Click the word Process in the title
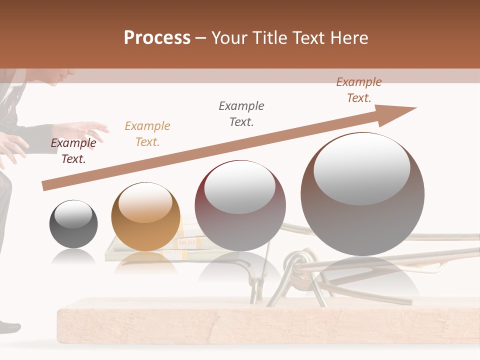[x=157, y=38]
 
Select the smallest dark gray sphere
[x=73, y=224]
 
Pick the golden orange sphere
[x=145, y=216]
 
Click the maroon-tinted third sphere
[x=240, y=205]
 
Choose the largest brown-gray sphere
[x=362, y=194]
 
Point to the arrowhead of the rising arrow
[x=400, y=113]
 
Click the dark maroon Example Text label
[x=73, y=151]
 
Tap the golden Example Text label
[x=147, y=134]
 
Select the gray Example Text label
[x=241, y=114]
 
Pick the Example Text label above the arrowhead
[x=359, y=90]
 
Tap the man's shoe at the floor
[x=9, y=327]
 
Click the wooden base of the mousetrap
[x=250, y=322]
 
